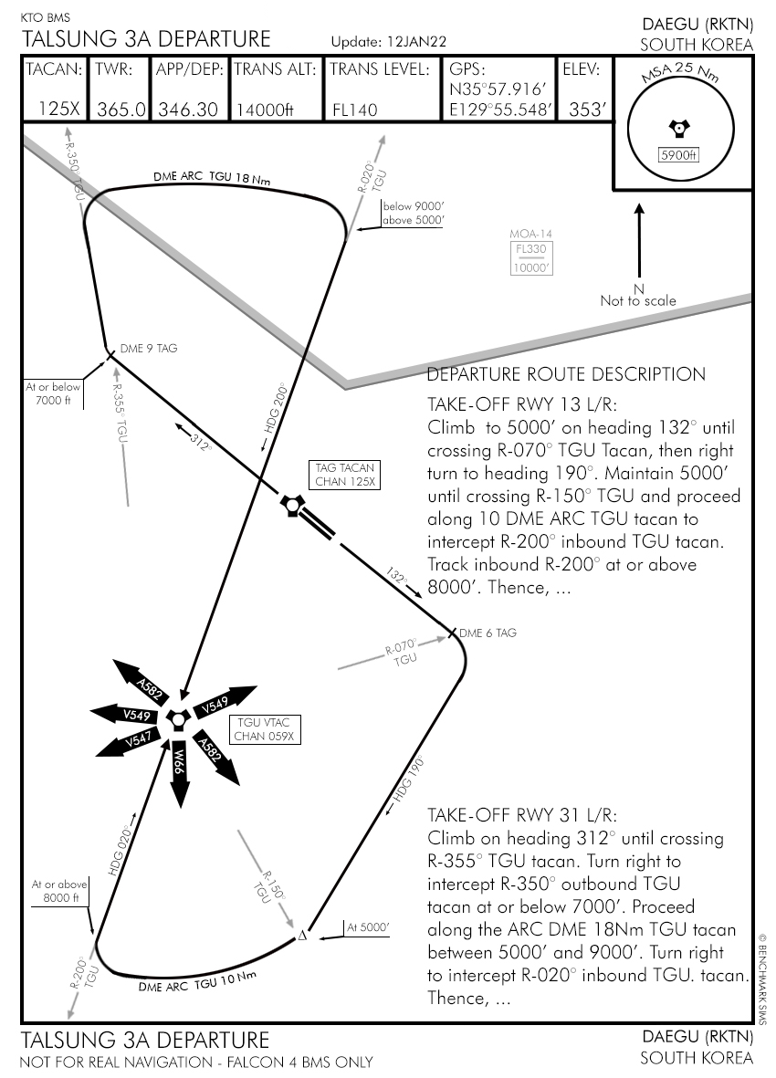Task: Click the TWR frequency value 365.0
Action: pyautogui.click(x=121, y=110)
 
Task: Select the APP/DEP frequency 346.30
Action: pyautogui.click(x=188, y=110)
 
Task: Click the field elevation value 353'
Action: pyautogui.click(x=587, y=110)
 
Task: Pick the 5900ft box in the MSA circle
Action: pyautogui.click(x=677, y=155)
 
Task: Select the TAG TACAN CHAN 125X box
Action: pyautogui.click(x=345, y=475)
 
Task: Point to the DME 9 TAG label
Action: pyautogui.click(x=149, y=349)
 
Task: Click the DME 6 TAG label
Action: pyautogui.click(x=487, y=633)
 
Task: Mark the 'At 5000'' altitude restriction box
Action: pyautogui.click(x=368, y=927)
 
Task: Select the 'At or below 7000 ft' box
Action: pyautogui.click(x=53, y=393)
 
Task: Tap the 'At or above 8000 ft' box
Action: pyautogui.click(x=59, y=891)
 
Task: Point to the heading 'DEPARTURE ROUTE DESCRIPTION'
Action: pyautogui.click(x=566, y=374)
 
